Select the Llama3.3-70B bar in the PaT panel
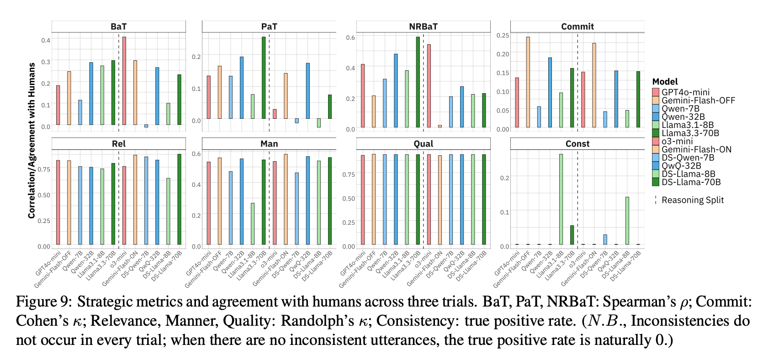[264, 78]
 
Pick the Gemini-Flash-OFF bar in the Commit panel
[528, 82]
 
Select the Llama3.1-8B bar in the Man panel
[253, 224]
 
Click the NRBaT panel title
[423, 26]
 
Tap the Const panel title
[578, 144]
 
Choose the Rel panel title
[119, 144]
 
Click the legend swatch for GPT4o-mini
[656, 92]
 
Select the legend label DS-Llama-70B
[691, 182]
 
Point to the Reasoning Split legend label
[693, 200]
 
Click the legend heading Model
[665, 82]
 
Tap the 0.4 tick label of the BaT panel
[46, 40]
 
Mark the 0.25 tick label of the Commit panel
[503, 35]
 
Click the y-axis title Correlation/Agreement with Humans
[32, 140]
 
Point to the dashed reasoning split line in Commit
[578, 82]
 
